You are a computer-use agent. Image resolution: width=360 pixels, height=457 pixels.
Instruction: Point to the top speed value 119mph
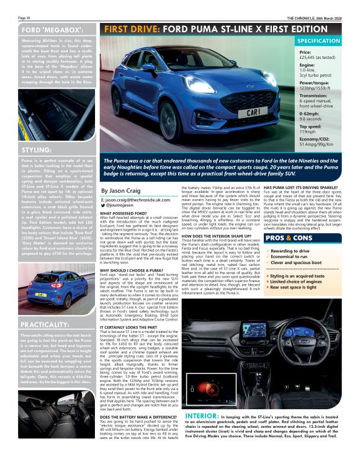tap(308, 132)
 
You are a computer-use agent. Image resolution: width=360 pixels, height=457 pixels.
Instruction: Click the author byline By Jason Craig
tap(122, 191)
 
